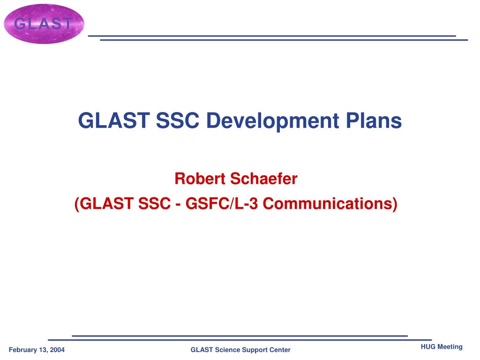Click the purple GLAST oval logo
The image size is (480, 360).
click(x=44, y=24)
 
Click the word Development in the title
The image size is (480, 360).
click(x=272, y=121)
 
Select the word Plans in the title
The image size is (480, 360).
click(x=374, y=120)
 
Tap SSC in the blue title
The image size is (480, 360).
click(x=178, y=120)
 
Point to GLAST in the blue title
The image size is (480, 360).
click(x=113, y=120)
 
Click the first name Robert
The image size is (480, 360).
click(x=200, y=179)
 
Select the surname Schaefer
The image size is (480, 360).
click(x=264, y=179)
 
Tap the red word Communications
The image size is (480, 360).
click(x=330, y=203)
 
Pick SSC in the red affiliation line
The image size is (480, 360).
click(x=154, y=203)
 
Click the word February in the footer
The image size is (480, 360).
click(x=23, y=350)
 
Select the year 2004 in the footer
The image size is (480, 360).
click(x=57, y=350)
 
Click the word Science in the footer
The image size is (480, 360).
click(x=227, y=350)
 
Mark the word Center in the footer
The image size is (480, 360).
click(x=280, y=350)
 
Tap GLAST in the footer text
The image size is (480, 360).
click(x=202, y=350)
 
